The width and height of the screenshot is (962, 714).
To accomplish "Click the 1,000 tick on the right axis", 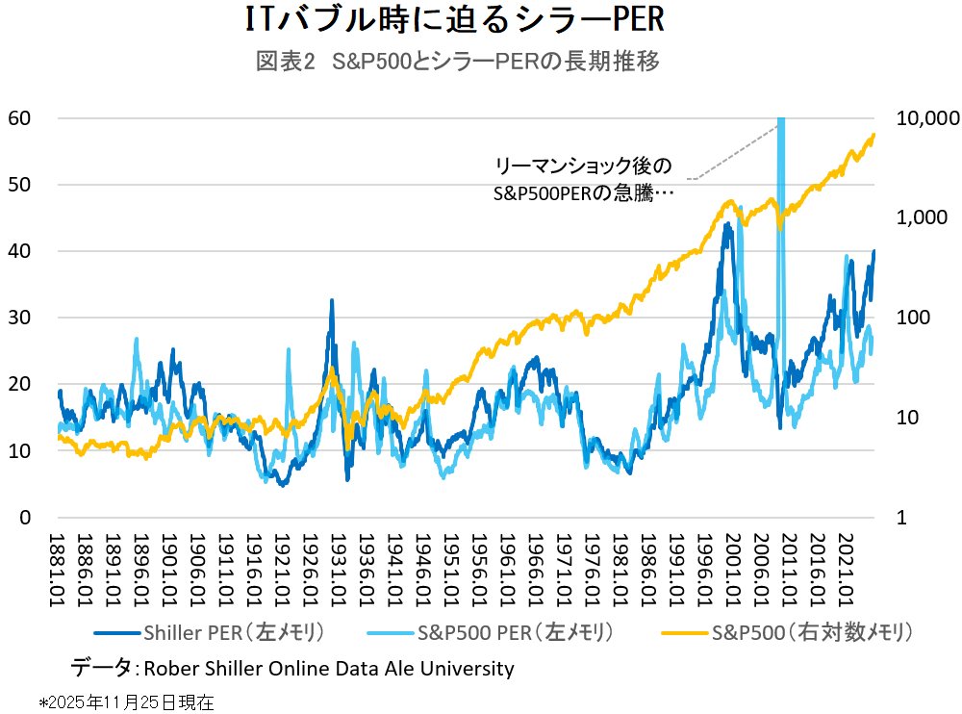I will [927, 218].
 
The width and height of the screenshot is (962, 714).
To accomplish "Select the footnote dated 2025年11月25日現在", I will [126, 702].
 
